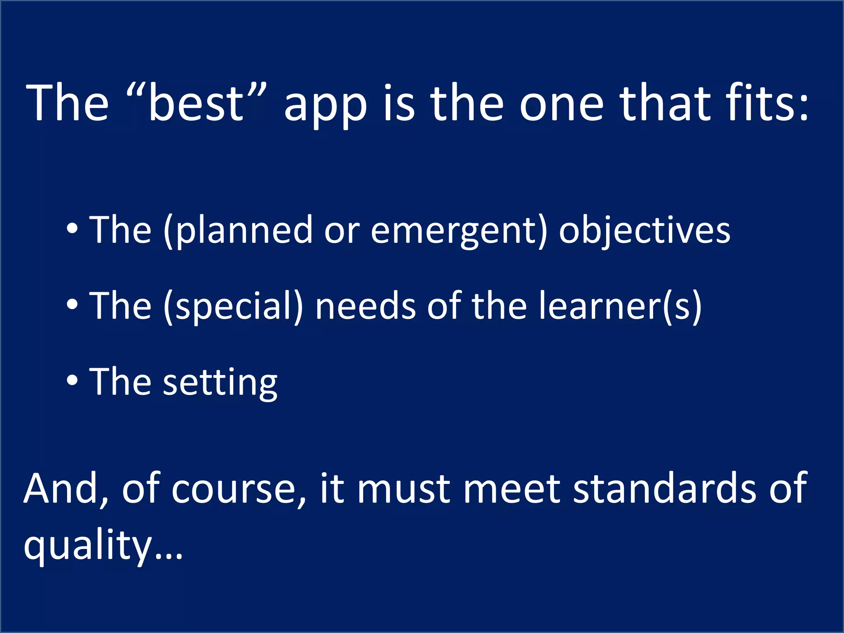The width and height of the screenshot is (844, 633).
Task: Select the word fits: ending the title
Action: coord(767,103)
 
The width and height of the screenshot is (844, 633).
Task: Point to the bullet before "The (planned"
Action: coord(72,229)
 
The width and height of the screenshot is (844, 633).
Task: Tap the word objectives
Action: coord(644,231)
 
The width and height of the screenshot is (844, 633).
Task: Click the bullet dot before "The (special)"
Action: coord(72,305)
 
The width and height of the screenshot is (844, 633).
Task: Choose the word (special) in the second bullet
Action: coord(233,307)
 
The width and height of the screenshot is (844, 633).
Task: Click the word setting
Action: coord(220,383)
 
